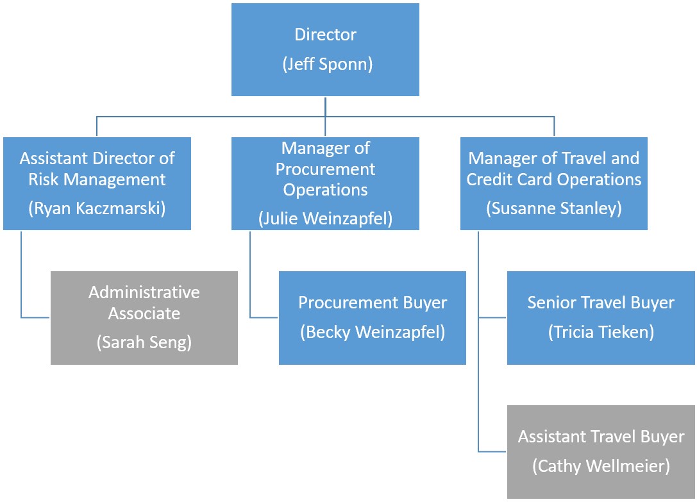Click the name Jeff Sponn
(325, 65)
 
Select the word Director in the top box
(325, 35)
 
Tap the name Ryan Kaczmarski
(97, 209)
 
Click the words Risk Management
(97, 179)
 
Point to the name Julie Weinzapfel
(325, 219)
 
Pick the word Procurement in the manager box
(325, 169)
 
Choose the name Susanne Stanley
(554, 209)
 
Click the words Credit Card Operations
(554, 179)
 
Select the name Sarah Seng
(144, 342)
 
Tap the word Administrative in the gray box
(144, 292)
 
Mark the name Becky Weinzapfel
(373, 332)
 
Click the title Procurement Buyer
(373, 302)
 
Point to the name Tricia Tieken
(601, 332)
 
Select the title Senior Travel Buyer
(601, 302)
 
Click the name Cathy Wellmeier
(601, 466)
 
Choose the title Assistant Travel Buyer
(601, 437)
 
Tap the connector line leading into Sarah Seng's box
(35, 317)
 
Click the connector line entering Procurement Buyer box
(264, 317)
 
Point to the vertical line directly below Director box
(325, 106)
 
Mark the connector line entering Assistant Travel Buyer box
(492, 452)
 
